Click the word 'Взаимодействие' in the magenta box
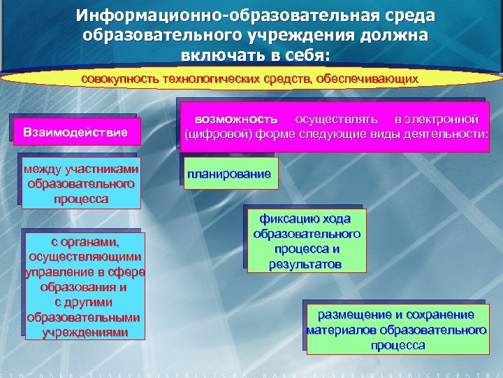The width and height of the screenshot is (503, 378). pyautogui.click(x=75, y=132)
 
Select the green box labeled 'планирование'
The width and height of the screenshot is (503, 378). pyautogui.click(x=228, y=174)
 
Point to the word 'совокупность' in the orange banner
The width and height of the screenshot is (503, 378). pyautogui.click(x=119, y=79)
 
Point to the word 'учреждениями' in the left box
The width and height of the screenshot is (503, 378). pyautogui.click(x=85, y=332)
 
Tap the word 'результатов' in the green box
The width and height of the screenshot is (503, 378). pyautogui.click(x=307, y=265)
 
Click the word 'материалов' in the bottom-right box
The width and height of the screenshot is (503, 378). pyautogui.click(x=339, y=330)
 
